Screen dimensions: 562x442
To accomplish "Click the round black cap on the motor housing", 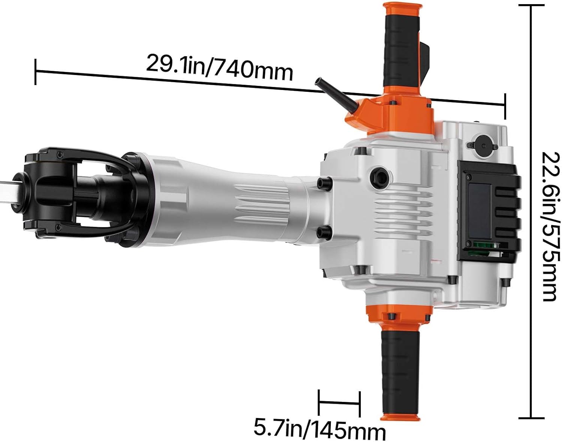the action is point(483,146).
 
